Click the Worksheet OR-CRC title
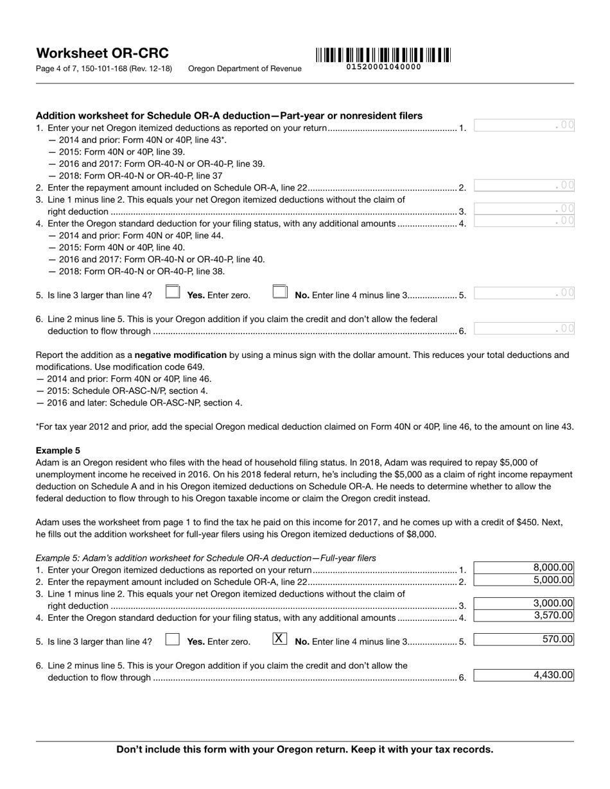pos(103,53)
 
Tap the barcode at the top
pos(383,55)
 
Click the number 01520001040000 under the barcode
pos(383,67)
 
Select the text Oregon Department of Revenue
pos(245,69)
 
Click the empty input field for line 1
pos(524,126)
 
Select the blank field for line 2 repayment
pos(524,186)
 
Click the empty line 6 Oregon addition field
pos(524,329)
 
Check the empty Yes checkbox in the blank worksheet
pos(172,292)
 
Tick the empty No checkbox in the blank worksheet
pos(279,292)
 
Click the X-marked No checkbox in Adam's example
pos(279,639)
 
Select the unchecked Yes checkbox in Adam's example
pos(172,640)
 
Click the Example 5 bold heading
pos(58,450)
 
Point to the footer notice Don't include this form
pos(305,749)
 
